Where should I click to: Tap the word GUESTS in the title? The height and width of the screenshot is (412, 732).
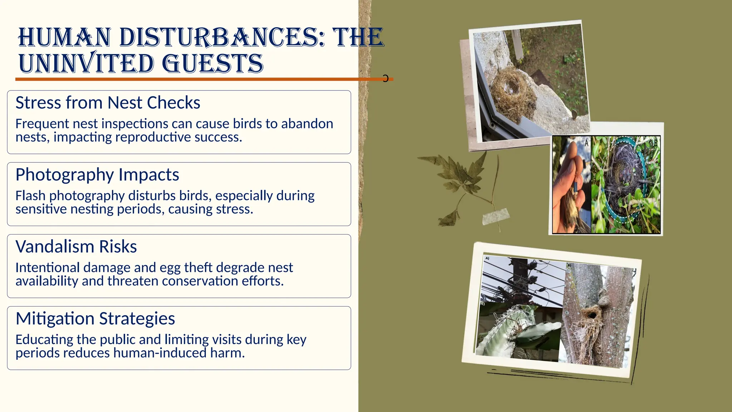pyautogui.click(x=213, y=64)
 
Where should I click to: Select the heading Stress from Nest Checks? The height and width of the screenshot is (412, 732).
pyautogui.click(x=108, y=103)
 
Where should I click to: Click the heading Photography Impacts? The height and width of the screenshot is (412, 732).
pyautogui.click(x=97, y=175)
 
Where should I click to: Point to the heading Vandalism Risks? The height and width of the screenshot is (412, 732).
pyautogui.click(x=76, y=247)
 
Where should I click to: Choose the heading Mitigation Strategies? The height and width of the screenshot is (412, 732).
pyautogui.click(x=95, y=319)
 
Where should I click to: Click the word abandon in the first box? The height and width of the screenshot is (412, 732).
pyautogui.click(x=307, y=124)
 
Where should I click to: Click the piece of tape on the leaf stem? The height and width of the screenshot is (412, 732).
pyautogui.click(x=495, y=216)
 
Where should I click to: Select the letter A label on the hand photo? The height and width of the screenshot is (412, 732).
pyautogui.click(x=586, y=143)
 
